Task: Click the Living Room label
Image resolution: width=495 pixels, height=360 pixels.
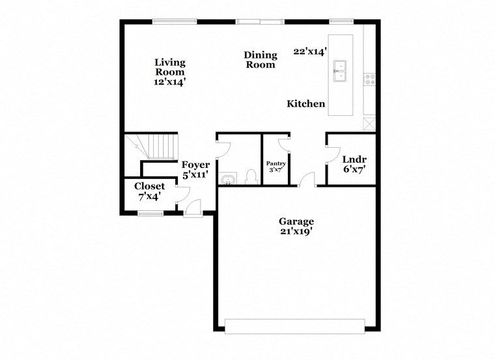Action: click(x=170, y=68)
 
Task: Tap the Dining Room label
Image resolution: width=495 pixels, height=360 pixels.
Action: click(x=261, y=60)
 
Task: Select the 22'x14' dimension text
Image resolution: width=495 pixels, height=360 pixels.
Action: click(x=309, y=51)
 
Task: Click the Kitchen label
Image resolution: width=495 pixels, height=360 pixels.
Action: click(x=306, y=104)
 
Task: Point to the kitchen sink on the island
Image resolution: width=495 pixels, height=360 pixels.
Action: click(x=340, y=70)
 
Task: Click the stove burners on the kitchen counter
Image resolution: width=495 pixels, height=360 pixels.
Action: click(x=370, y=79)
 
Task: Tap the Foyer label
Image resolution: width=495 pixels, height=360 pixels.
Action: click(x=195, y=165)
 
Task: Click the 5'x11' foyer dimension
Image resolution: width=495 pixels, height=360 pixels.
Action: click(x=195, y=175)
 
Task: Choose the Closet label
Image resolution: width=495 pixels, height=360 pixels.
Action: click(x=150, y=186)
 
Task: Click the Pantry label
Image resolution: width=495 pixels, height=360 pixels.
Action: click(x=272, y=163)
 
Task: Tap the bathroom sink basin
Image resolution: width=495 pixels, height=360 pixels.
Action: click(x=228, y=179)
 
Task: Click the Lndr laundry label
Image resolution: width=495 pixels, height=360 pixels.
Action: click(x=354, y=159)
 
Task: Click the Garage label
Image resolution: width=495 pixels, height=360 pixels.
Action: click(x=296, y=221)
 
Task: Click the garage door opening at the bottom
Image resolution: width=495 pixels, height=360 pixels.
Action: click(x=294, y=326)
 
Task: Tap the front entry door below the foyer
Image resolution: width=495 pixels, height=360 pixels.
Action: click(x=193, y=210)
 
